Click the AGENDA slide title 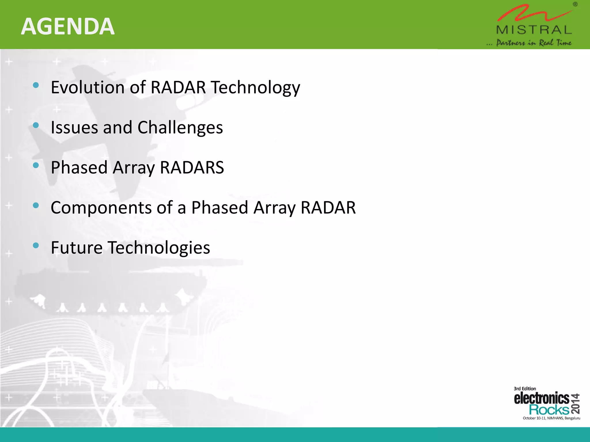point(68,26)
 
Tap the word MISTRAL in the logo point(534,30)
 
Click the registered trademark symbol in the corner point(575,4)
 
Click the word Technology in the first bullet point(255,88)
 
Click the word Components point(101,208)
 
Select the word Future point(77,248)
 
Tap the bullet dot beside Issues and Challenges point(36,125)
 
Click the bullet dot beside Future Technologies point(36,245)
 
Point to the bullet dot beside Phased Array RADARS point(36,165)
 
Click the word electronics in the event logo point(542,399)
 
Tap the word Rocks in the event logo point(549,409)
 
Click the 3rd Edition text point(525,388)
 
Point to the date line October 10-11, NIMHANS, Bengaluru point(551,418)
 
